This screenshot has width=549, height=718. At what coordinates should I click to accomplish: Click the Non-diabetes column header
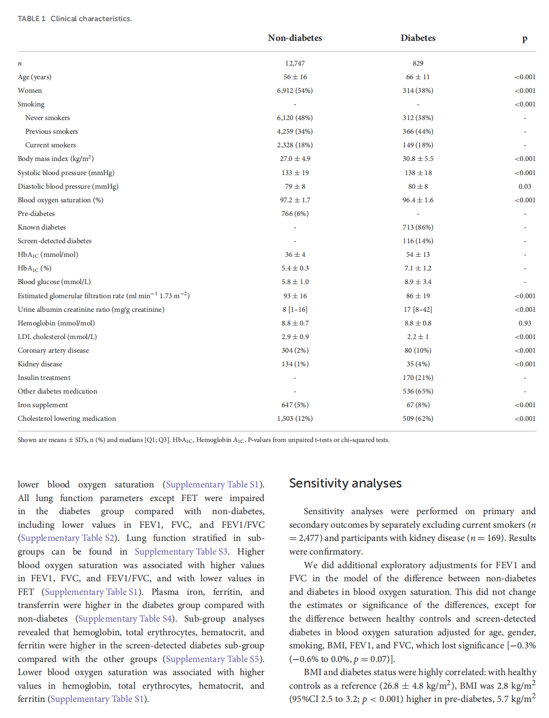pos(295,38)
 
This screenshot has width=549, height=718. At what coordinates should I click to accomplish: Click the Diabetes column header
pos(418,38)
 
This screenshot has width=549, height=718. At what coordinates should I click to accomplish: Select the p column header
pos(525,38)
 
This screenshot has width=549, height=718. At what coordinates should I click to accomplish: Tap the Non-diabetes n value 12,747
pos(295,63)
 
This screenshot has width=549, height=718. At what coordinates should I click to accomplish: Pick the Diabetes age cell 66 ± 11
pos(418,77)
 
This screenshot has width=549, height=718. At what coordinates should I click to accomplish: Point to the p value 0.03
pos(525,186)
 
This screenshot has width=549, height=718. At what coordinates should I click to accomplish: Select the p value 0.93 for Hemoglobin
pos(525,323)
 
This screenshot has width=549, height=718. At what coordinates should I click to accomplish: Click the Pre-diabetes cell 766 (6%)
pos(295,213)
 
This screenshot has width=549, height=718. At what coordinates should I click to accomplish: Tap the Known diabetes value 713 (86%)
pos(418,227)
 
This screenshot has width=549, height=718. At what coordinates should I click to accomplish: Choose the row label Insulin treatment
pos(44,377)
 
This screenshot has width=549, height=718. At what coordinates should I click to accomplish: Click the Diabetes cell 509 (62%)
pos(418,418)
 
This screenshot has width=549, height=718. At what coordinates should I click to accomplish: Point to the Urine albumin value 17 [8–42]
pos(418,309)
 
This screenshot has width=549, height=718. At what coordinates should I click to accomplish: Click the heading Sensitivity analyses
pos(345,483)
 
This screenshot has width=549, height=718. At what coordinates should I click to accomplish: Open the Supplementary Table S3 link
pos(181,551)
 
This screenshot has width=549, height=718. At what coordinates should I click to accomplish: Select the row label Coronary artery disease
pos(53,350)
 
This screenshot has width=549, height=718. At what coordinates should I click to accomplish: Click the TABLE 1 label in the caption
pos(31,19)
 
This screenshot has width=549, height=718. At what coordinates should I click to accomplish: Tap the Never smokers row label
pos(47,118)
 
